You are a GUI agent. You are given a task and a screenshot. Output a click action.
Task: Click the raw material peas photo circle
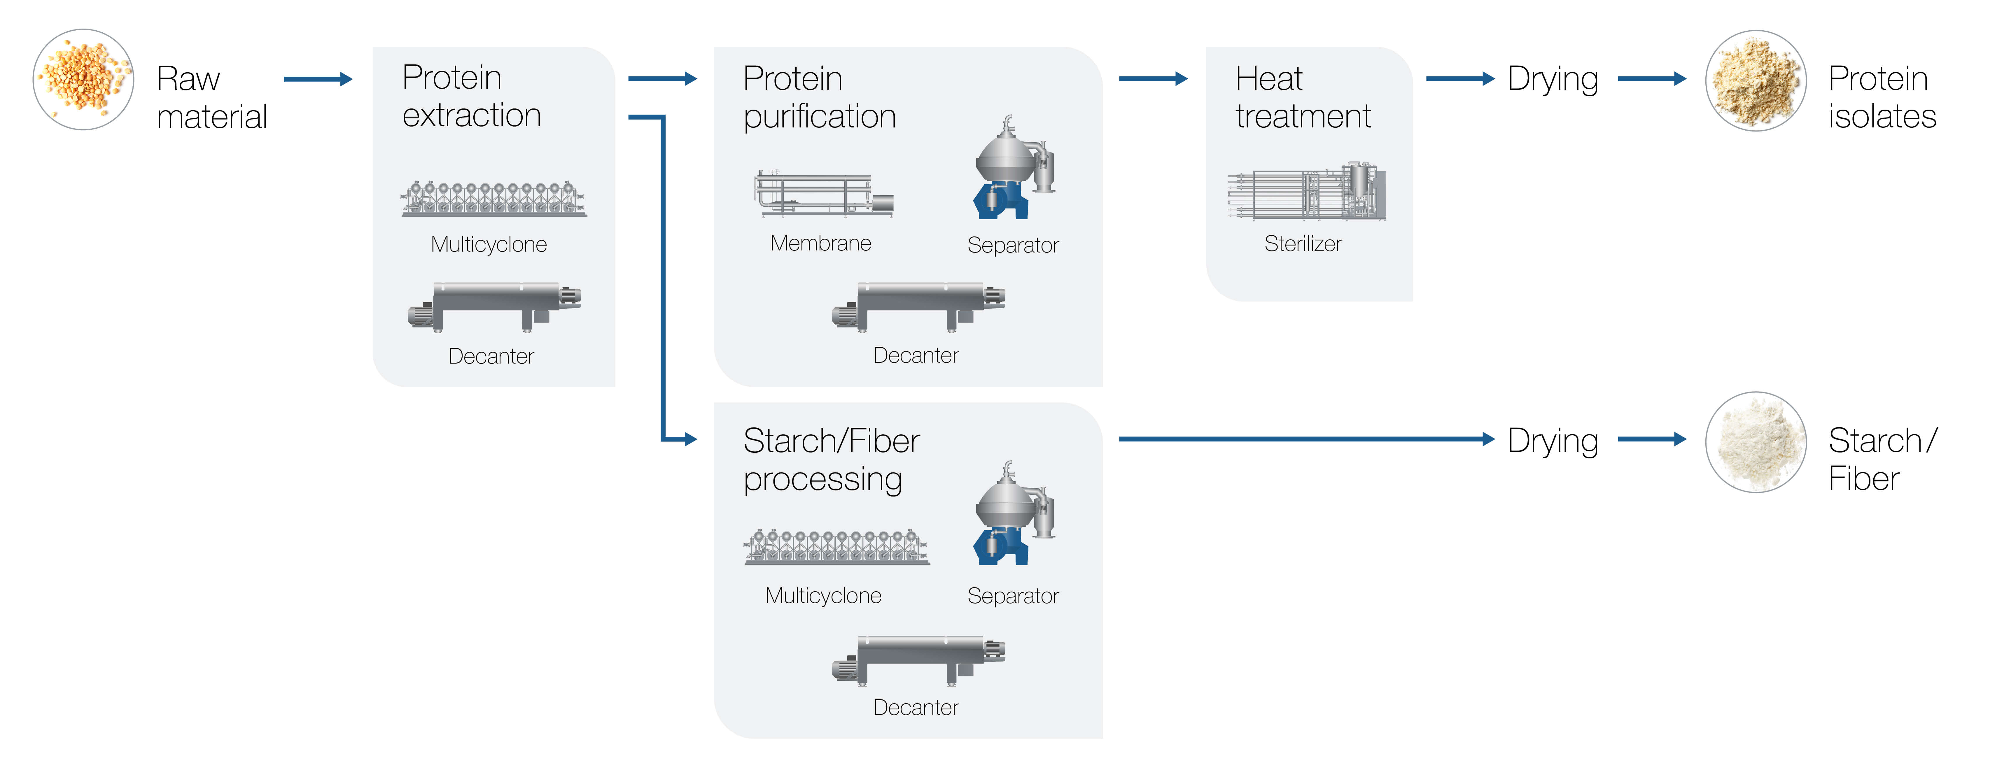point(83,79)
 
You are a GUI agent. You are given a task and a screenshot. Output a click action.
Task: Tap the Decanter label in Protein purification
point(916,355)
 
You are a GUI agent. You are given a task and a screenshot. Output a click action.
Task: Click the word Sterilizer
point(1303,243)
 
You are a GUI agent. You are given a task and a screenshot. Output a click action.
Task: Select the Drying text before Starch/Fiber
point(1553,441)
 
